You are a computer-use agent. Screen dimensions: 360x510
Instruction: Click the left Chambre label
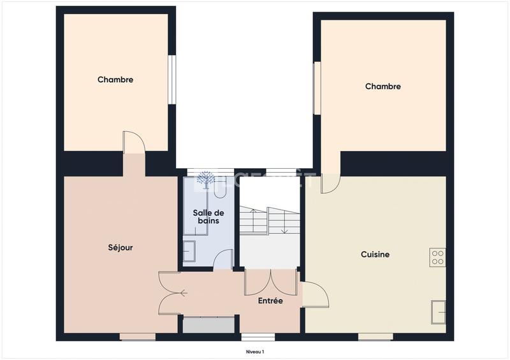point(115,80)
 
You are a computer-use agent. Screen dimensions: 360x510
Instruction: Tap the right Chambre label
point(382,86)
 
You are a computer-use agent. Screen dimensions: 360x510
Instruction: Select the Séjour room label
point(120,247)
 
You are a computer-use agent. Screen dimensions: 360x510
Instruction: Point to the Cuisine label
point(375,254)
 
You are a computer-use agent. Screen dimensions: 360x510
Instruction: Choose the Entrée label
point(270,301)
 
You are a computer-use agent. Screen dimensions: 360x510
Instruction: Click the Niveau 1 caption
point(255,351)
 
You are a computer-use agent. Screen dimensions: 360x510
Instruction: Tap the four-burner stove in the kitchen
point(437,257)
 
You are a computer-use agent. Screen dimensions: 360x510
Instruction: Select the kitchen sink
point(438,312)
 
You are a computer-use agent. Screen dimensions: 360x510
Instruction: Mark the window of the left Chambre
point(171,78)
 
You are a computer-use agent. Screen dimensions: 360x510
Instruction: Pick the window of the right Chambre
point(316,87)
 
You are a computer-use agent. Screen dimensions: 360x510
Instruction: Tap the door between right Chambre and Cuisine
point(330,182)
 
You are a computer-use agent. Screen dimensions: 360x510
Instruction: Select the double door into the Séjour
point(171,293)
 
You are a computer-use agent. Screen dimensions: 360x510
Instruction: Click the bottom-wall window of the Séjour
point(138,336)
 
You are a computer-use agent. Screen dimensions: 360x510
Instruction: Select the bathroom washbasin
point(190,252)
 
